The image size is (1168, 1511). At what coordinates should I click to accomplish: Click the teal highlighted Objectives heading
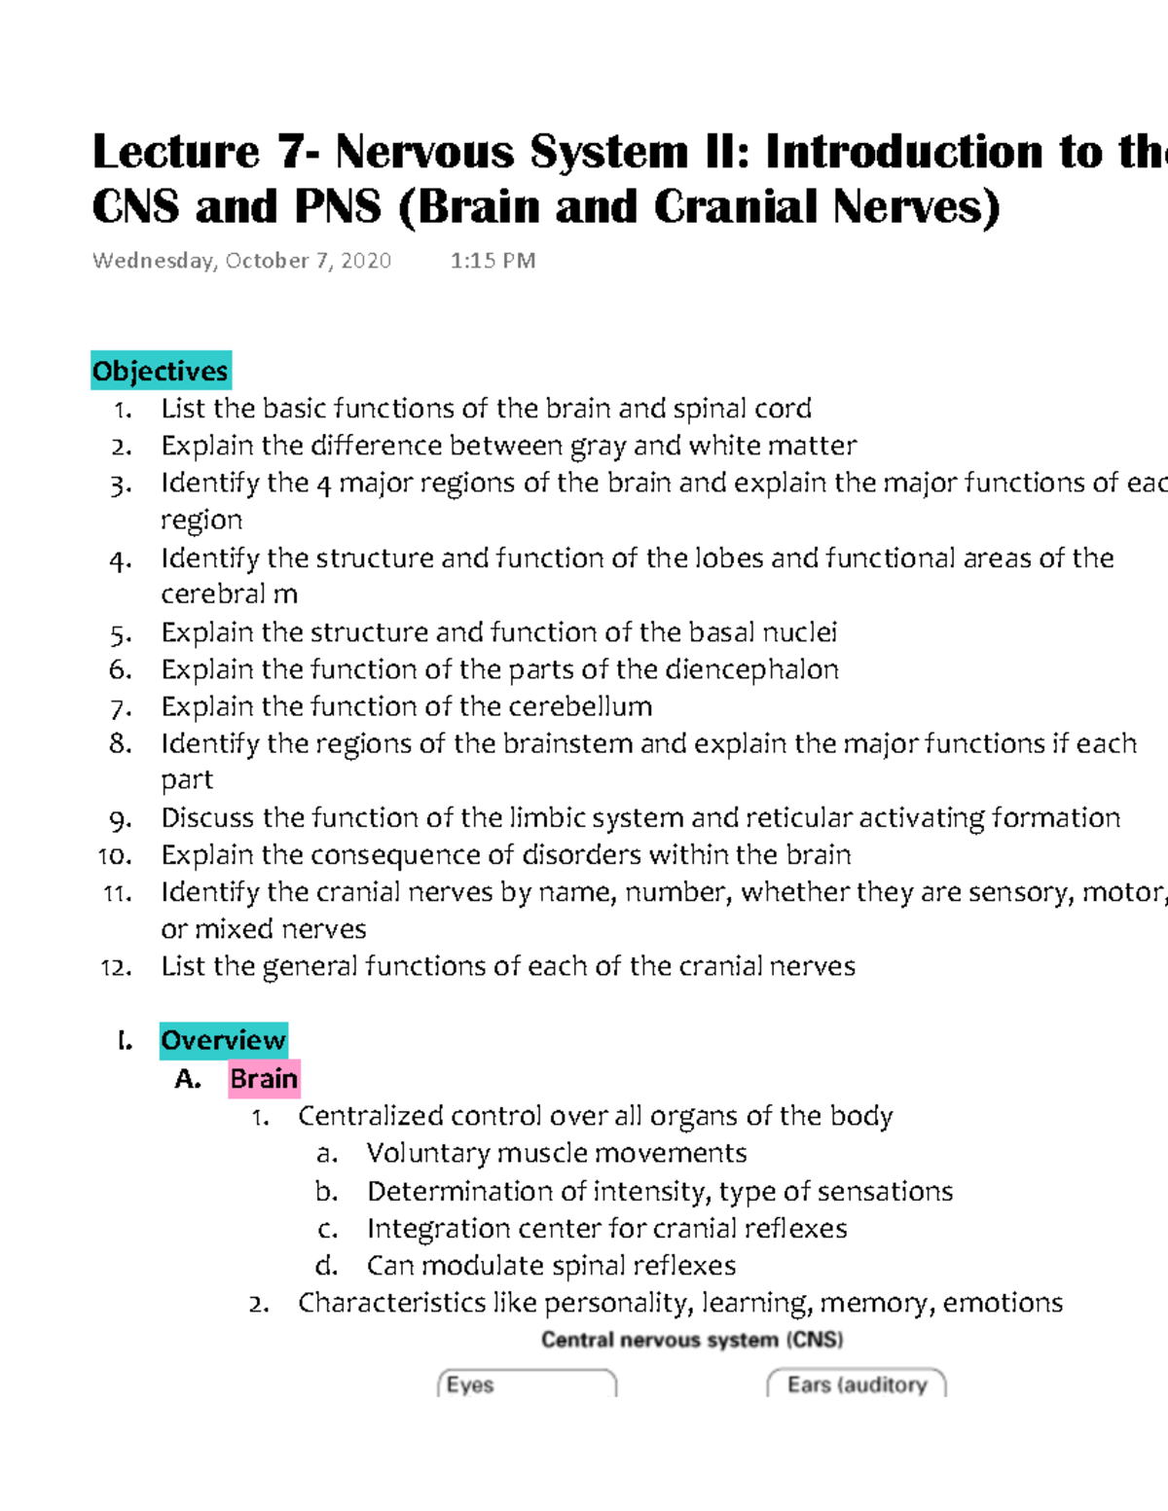[161, 371]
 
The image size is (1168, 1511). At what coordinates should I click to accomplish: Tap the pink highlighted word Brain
[264, 1078]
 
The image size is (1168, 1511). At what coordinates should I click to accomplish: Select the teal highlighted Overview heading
[223, 1040]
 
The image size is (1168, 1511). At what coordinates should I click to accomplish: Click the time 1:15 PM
[493, 261]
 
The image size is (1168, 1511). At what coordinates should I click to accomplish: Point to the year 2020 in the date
[366, 261]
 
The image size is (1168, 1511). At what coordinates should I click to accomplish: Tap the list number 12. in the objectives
[116, 967]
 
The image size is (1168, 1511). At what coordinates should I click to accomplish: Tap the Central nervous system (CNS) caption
[692, 1340]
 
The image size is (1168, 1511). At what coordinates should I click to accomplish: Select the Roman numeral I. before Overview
[124, 1041]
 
